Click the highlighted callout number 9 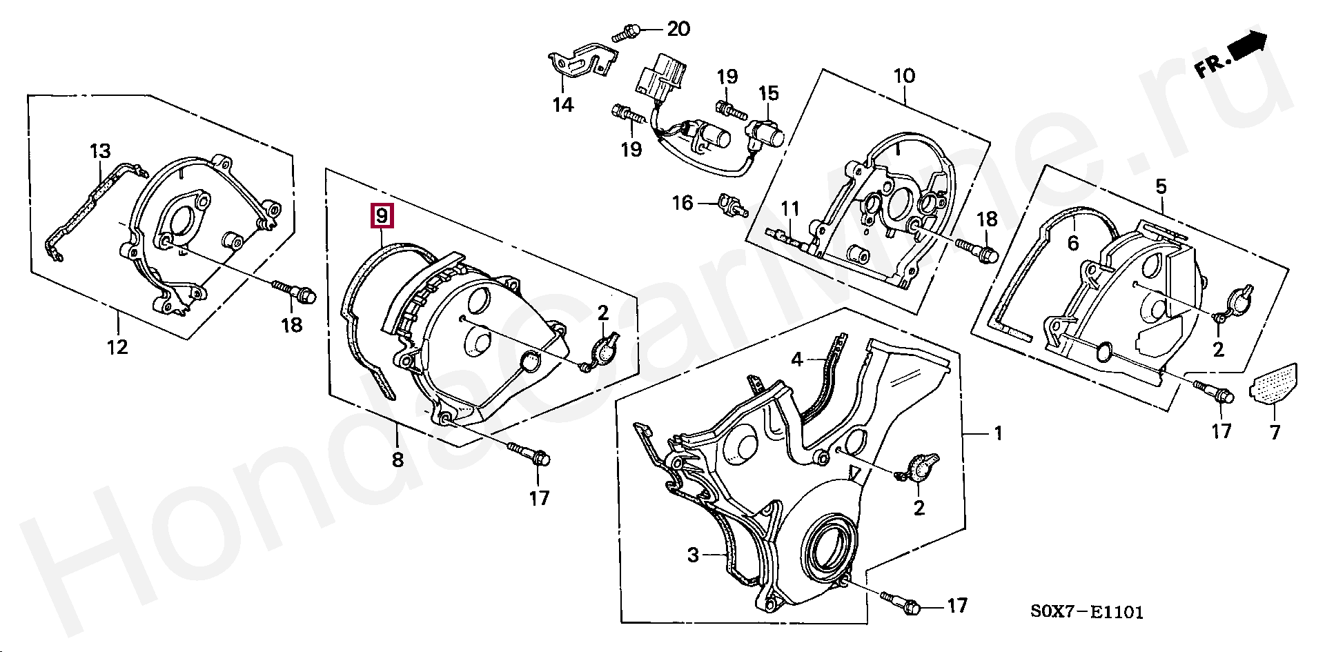(382, 216)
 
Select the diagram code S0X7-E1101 (1087, 611)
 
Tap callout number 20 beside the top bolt (678, 29)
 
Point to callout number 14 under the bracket (563, 105)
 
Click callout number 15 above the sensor (768, 93)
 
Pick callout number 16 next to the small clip (683, 203)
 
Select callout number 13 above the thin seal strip (100, 151)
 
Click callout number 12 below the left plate (117, 346)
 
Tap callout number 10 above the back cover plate (904, 75)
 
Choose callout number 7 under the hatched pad (1275, 433)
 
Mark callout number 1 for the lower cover (997, 433)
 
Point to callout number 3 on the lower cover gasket (693, 555)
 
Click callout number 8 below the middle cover (397, 459)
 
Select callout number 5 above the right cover (1161, 186)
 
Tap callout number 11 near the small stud (790, 208)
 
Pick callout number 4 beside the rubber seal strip (797, 359)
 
